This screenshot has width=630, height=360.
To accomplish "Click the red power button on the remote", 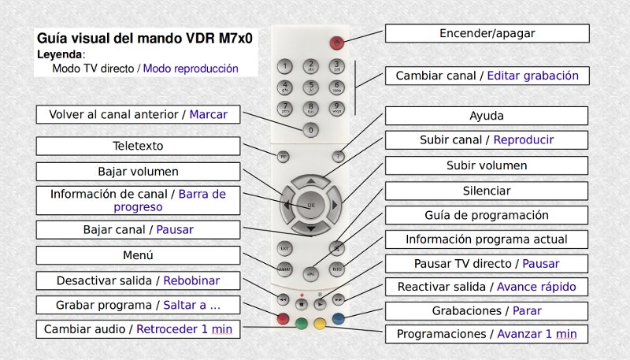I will pyautogui.click(x=337, y=43).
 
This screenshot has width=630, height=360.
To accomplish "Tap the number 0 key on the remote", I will pyautogui.click(x=311, y=129).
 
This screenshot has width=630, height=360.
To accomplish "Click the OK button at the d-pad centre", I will pyautogui.click(x=310, y=205).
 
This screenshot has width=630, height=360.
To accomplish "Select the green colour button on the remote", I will pyautogui.click(x=301, y=322).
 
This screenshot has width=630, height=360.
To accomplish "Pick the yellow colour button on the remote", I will pyautogui.click(x=319, y=322).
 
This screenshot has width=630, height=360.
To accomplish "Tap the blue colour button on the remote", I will pyautogui.click(x=338, y=319).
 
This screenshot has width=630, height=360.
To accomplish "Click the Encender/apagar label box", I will pyautogui.click(x=487, y=34).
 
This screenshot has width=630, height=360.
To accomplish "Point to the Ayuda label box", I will pyautogui.click(x=486, y=116).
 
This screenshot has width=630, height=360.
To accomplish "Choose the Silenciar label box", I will pyautogui.click(x=486, y=191).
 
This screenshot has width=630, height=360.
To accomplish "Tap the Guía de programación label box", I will pyautogui.click(x=486, y=215).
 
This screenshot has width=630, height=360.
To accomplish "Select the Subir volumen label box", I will pyautogui.click(x=486, y=165).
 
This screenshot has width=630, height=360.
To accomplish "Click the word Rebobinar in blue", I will pyautogui.click(x=193, y=280).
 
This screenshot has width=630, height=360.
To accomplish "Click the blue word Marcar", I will pyautogui.click(x=208, y=114).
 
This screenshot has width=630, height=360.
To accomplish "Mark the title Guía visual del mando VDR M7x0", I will pyautogui.click(x=150, y=38).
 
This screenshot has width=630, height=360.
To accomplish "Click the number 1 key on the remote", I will pyautogui.click(x=286, y=65).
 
